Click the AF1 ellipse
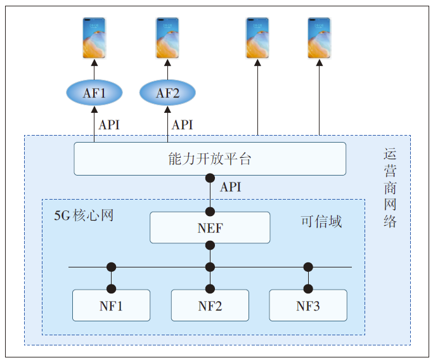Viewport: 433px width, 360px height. [94, 94]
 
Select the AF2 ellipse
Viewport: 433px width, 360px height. [168, 94]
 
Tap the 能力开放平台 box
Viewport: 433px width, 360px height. [210, 158]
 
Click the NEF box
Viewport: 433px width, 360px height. [210, 228]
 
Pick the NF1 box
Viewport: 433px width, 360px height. [112, 305]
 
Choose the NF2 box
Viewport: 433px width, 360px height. [210, 305]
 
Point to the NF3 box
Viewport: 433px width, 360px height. [308, 305]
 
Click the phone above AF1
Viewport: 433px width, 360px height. [94, 38]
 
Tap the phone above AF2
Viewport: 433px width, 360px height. [168, 38]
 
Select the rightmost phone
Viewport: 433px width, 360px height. [320, 38]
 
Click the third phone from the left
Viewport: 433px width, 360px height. [258, 38]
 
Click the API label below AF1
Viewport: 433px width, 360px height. [109, 125]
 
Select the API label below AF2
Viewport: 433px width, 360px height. [183, 125]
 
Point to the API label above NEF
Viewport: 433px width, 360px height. [230, 188]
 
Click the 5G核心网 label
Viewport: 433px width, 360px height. [84, 215]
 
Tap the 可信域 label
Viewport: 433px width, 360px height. [321, 221]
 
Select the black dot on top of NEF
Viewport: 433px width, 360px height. [210, 211]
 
